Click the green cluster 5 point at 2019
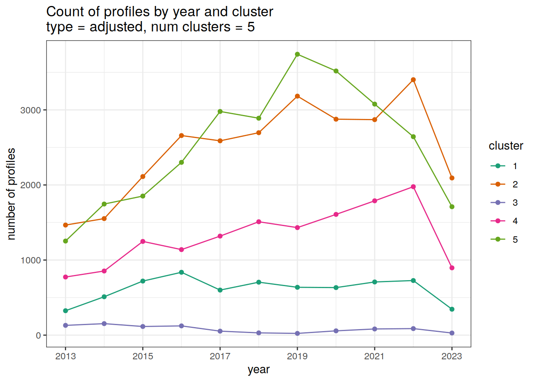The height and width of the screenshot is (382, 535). pos(297,54)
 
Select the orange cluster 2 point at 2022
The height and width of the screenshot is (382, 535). pos(413,80)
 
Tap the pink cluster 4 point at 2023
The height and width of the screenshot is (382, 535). pos(452,268)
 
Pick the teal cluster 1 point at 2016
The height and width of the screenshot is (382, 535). pos(182,272)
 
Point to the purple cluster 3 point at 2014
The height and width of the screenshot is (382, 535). pos(104,324)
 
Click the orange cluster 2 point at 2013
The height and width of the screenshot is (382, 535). pos(66,225)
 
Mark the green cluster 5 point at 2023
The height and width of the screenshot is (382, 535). pos(452,207)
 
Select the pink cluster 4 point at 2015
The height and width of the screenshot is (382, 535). pos(143,242)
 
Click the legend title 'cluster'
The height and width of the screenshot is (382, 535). pos(506,146)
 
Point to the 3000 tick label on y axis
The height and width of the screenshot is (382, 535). pos(31,110)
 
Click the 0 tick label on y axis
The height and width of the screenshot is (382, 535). pos(38,335)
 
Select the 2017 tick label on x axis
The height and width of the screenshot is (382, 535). pos(220,356)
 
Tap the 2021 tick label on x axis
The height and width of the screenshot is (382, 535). pos(375,356)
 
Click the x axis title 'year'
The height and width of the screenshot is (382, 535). pos(259,369)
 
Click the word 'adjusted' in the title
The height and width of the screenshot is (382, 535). pos(116,27)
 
